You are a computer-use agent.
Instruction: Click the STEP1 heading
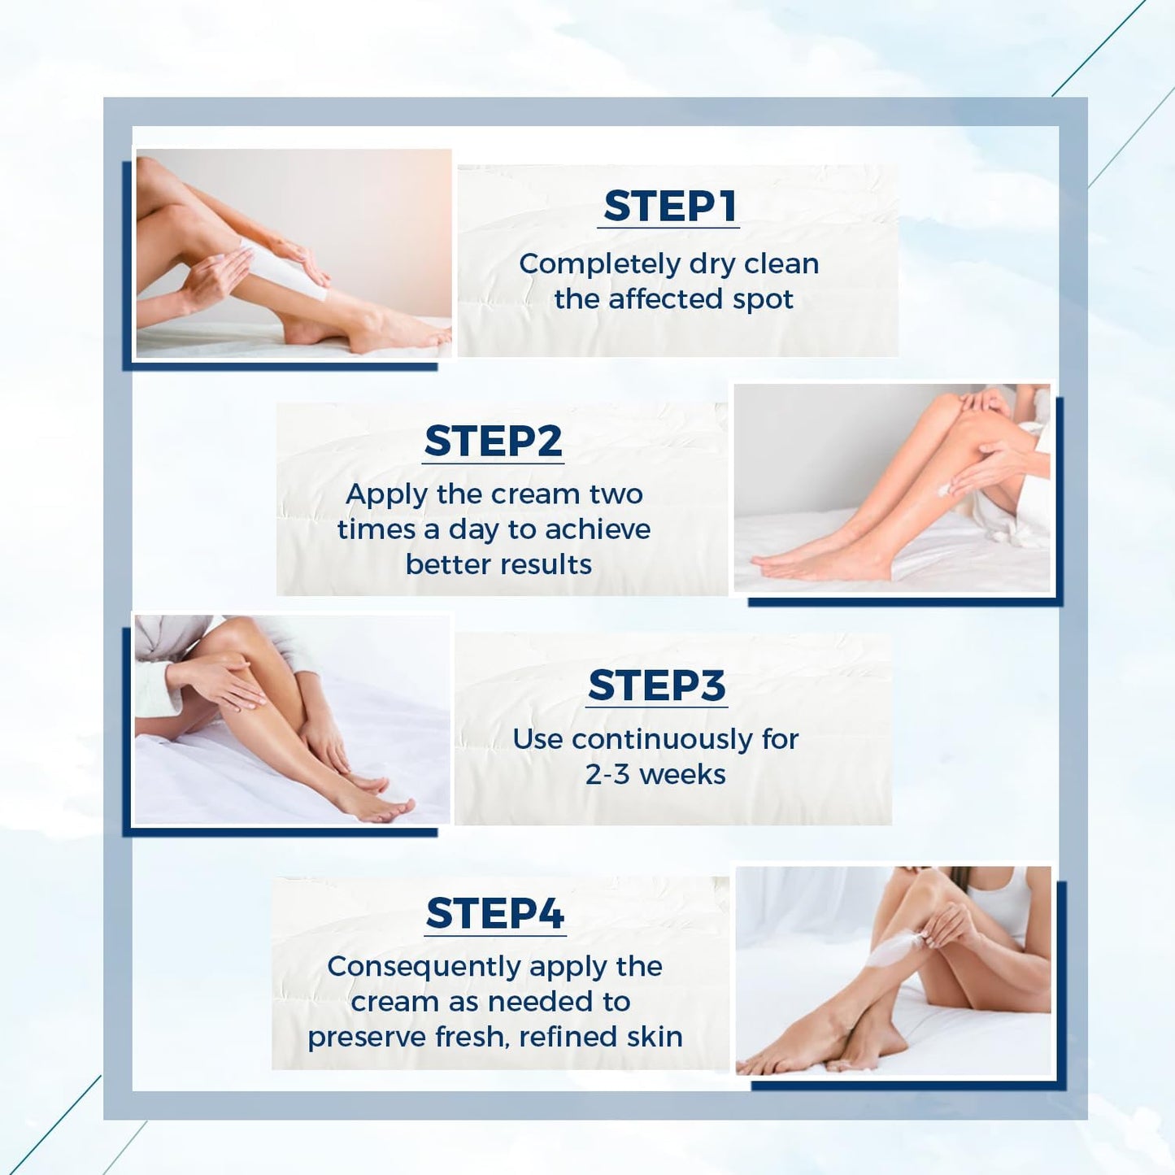669,206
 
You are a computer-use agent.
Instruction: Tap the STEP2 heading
493,442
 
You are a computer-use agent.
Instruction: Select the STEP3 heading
656,685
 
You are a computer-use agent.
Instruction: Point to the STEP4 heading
494,913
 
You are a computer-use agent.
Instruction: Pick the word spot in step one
762,299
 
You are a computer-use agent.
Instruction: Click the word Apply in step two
386,494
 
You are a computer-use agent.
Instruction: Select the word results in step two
546,564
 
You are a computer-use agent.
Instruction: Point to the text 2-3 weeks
655,774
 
